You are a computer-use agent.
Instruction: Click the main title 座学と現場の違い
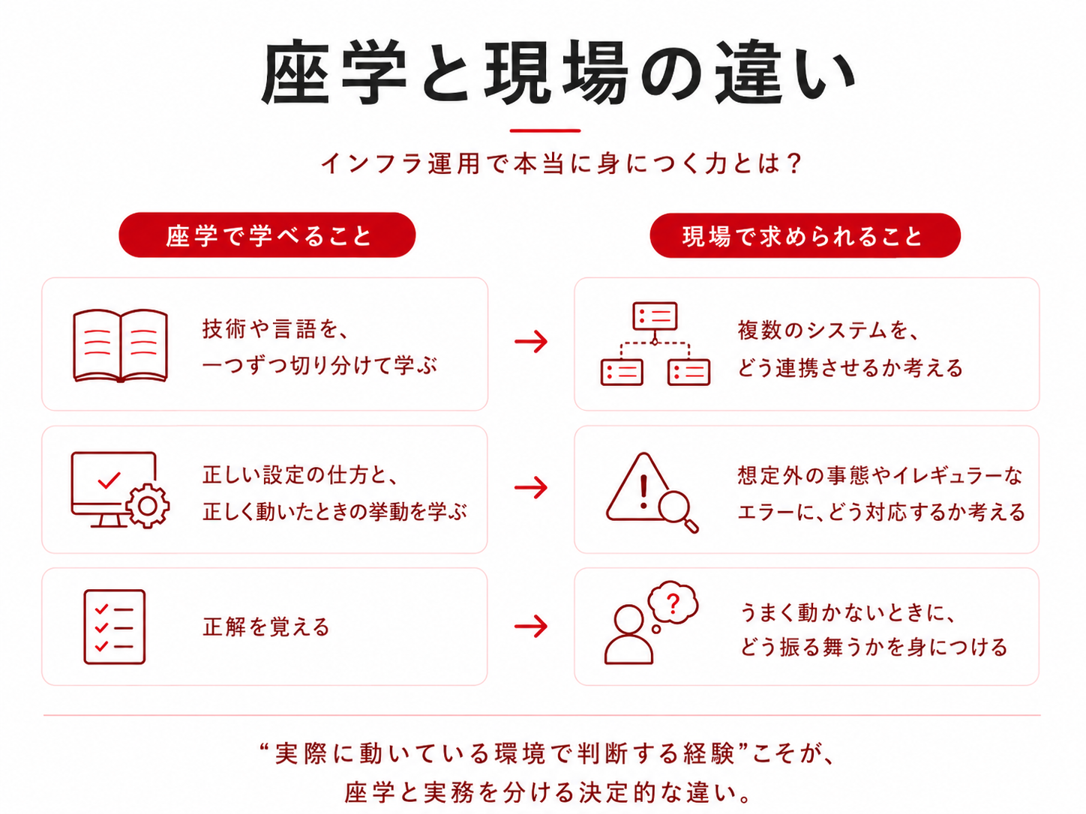[x=559, y=73]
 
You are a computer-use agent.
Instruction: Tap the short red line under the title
[x=544, y=130]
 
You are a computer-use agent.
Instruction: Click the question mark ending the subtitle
[x=793, y=163]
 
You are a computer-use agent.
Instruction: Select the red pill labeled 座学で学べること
[x=267, y=235]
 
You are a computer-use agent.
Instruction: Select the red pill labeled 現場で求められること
[x=805, y=235]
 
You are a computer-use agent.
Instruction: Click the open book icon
[x=120, y=346]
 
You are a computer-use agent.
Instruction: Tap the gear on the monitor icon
[x=148, y=506]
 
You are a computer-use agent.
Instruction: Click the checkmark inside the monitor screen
[x=109, y=480]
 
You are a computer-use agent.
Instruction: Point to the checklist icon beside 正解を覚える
[x=114, y=627]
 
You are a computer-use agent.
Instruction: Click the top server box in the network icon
[x=655, y=316]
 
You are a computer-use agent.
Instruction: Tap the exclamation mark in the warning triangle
[x=643, y=491]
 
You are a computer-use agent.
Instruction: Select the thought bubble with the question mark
[x=673, y=603]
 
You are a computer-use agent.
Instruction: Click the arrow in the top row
[x=531, y=342]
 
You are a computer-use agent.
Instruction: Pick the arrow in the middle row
[x=531, y=488]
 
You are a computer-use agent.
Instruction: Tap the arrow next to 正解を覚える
[x=531, y=627]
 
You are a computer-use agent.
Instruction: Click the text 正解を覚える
[x=265, y=627]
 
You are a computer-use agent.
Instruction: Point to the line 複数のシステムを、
[x=828, y=330]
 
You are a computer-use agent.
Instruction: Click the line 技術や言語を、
[x=275, y=328]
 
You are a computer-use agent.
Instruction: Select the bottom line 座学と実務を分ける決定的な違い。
[x=547, y=792]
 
